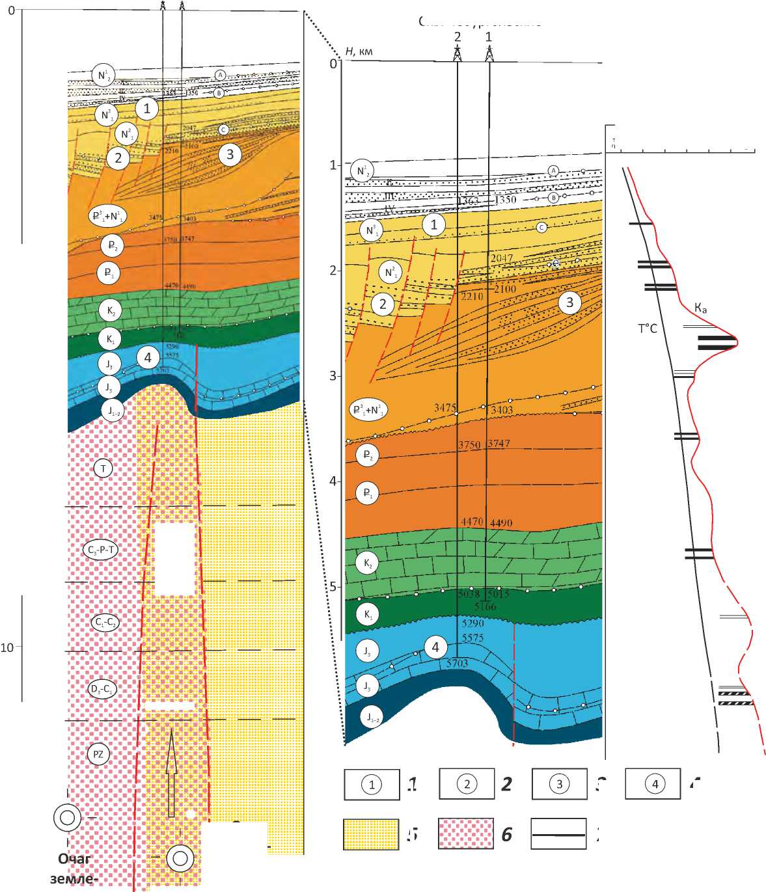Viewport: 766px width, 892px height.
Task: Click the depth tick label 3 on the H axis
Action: (x=333, y=376)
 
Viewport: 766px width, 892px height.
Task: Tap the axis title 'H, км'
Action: (x=359, y=51)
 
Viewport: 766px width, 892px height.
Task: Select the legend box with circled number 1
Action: (x=372, y=784)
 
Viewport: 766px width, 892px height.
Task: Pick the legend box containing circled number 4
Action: (x=653, y=783)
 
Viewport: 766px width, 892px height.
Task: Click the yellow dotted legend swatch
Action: (x=371, y=834)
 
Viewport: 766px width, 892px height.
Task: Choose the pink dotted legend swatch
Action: (x=466, y=834)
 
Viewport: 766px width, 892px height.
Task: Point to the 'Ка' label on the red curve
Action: (x=700, y=308)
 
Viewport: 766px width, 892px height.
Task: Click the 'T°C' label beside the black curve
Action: (x=647, y=329)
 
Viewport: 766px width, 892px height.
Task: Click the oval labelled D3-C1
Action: (x=103, y=688)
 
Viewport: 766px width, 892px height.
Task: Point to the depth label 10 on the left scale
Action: (x=7, y=647)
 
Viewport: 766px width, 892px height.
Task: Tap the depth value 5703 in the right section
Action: (x=457, y=663)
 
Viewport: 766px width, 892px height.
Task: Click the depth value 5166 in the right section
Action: (x=485, y=606)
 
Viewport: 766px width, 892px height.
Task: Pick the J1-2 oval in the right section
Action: (x=371, y=718)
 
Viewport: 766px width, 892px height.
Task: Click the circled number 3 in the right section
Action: (x=570, y=302)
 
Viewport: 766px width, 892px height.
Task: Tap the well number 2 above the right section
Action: (x=458, y=38)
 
